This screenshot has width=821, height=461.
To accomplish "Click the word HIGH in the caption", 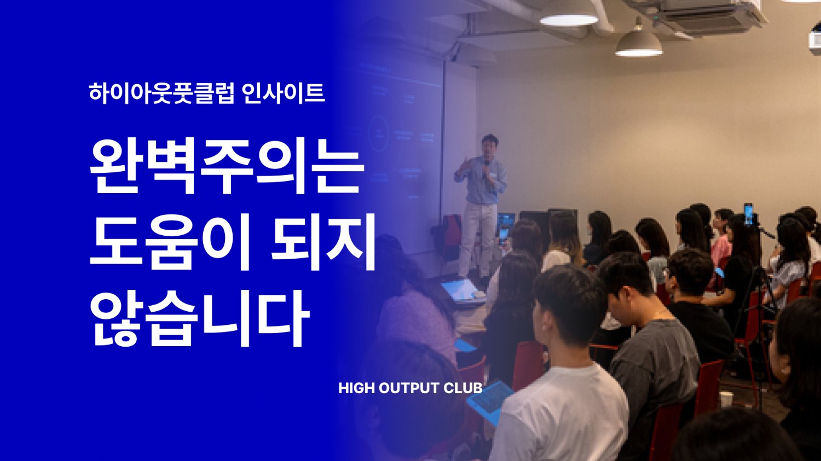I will click(356, 388).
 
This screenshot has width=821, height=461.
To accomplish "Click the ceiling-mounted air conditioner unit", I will click(712, 16).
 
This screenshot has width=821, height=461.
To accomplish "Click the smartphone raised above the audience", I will click(748, 213).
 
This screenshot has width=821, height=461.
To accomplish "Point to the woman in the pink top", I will click(721, 246).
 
